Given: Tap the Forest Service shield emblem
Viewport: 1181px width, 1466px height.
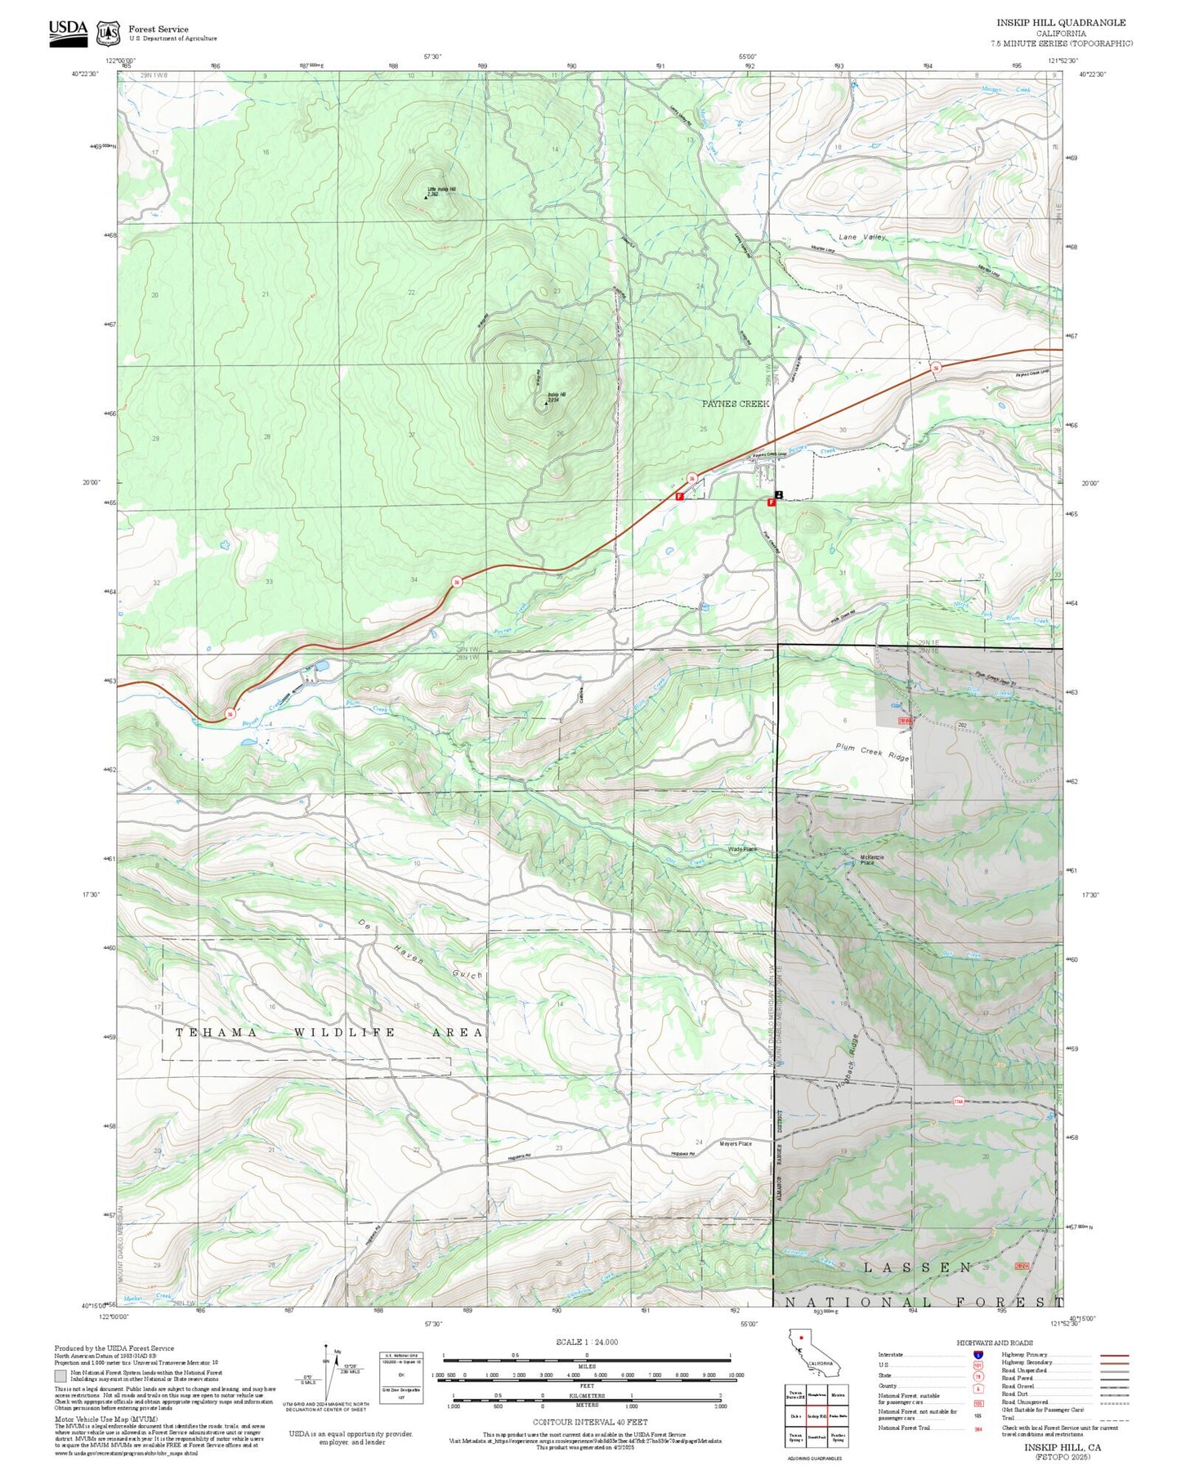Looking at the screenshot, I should click(108, 34).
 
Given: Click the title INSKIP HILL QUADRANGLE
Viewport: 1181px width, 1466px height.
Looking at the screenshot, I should click(1060, 22).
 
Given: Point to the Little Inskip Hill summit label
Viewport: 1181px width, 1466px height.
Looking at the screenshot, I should click(441, 190).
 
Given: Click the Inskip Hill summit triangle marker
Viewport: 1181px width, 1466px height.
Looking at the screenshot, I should click(547, 403).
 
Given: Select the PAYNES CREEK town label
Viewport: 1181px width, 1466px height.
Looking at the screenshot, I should click(736, 404).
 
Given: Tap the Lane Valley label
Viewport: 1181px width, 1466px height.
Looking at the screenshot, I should click(861, 237).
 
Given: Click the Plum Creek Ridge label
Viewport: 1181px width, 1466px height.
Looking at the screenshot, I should click(872, 752).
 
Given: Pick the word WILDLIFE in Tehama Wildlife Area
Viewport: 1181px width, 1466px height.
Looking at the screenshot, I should click(344, 1033).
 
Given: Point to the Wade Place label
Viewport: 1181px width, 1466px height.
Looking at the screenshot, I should click(742, 849).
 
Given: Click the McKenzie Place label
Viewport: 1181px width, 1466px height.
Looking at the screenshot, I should click(871, 859).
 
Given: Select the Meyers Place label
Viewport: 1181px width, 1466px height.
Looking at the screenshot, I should click(735, 1143).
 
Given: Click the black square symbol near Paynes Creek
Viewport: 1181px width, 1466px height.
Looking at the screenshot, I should click(779, 494).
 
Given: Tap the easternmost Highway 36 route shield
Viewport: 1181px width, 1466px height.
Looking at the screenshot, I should click(936, 368).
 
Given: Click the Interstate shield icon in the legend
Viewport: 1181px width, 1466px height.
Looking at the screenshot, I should click(977, 1354).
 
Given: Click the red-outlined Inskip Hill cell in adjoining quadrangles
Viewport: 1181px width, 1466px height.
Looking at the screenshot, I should click(817, 1416).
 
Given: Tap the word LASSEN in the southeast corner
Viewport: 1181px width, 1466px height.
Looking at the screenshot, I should click(918, 1267).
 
